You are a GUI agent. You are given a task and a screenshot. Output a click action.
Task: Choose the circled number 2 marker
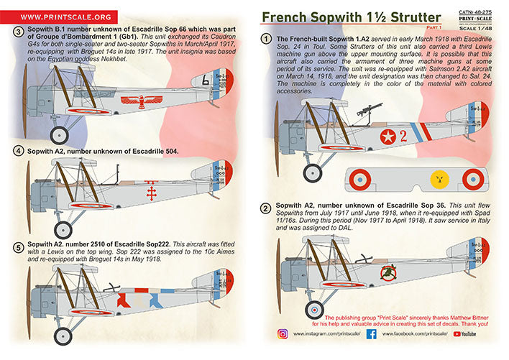click(x=266, y=209)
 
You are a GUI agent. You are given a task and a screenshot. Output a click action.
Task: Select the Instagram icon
click(x=282, y=334)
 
